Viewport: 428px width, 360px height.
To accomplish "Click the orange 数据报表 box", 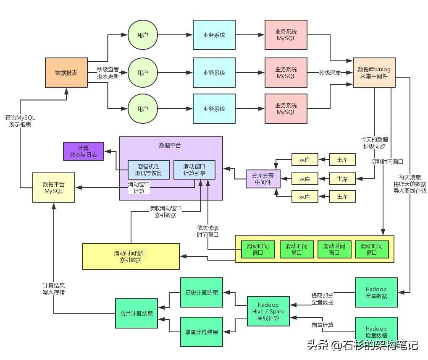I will pos(66,73).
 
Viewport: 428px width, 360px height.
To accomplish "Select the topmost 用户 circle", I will pos(143,35).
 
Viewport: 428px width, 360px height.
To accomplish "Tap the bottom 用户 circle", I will pos(143,109).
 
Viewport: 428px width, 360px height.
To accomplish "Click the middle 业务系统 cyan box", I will pos(214,73).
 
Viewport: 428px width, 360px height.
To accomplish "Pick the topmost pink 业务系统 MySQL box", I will pos(286,35).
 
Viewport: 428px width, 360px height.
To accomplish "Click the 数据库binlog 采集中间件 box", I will pos(374,73).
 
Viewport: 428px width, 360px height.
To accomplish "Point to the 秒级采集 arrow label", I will pos(330,73).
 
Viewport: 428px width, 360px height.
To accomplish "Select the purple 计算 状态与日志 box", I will pos(83,151).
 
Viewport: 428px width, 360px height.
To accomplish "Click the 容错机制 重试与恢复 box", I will pos(148,170).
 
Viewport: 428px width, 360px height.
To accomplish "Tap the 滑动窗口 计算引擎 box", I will pos(194,170).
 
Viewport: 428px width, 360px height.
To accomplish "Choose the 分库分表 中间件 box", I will pos(263,179).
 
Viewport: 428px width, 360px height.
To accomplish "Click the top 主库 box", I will pos(342,159).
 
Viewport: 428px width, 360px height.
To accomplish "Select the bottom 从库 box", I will pos(305,196).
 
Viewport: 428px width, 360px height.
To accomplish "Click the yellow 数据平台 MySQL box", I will pos(54,188).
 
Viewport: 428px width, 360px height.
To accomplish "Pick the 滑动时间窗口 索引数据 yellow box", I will pos(131,256).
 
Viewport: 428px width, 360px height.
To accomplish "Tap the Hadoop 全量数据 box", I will pos(376,292).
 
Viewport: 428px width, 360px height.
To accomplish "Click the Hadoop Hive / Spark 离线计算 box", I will pos(268,311).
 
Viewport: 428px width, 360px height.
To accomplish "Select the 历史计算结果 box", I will pos(201,292).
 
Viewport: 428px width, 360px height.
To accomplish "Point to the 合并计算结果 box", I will pos(137,313).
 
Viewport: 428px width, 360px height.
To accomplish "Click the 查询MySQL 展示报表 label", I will pos(20,121).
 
